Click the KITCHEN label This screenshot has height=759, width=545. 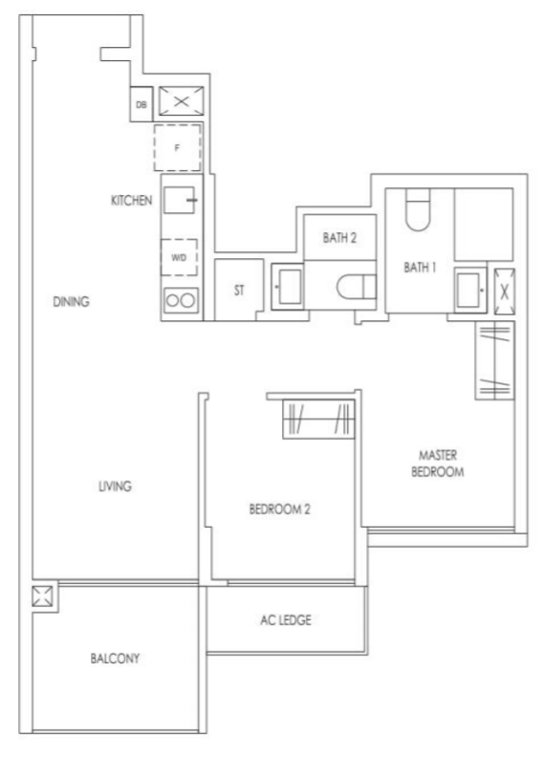pyautogui.click(x=132, y=201)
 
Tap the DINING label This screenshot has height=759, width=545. pyautogui.click(x=72, y=302)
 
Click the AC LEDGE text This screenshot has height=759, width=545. pyautogui.click(x=287, y=619)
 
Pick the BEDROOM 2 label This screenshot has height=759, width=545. pyautogui.click(x=280, y=510)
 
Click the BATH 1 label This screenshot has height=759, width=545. pyautogui.click(x=419, y=268)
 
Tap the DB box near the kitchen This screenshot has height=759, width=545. pyautogui.click(x=142, y=101)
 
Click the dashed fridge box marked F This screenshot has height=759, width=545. pyautogui.click(x=178, y=148)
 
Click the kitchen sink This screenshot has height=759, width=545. pyautogui.click(x=180, y=201)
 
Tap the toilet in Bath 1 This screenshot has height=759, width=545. pyautogui.click(x=418, y=211)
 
